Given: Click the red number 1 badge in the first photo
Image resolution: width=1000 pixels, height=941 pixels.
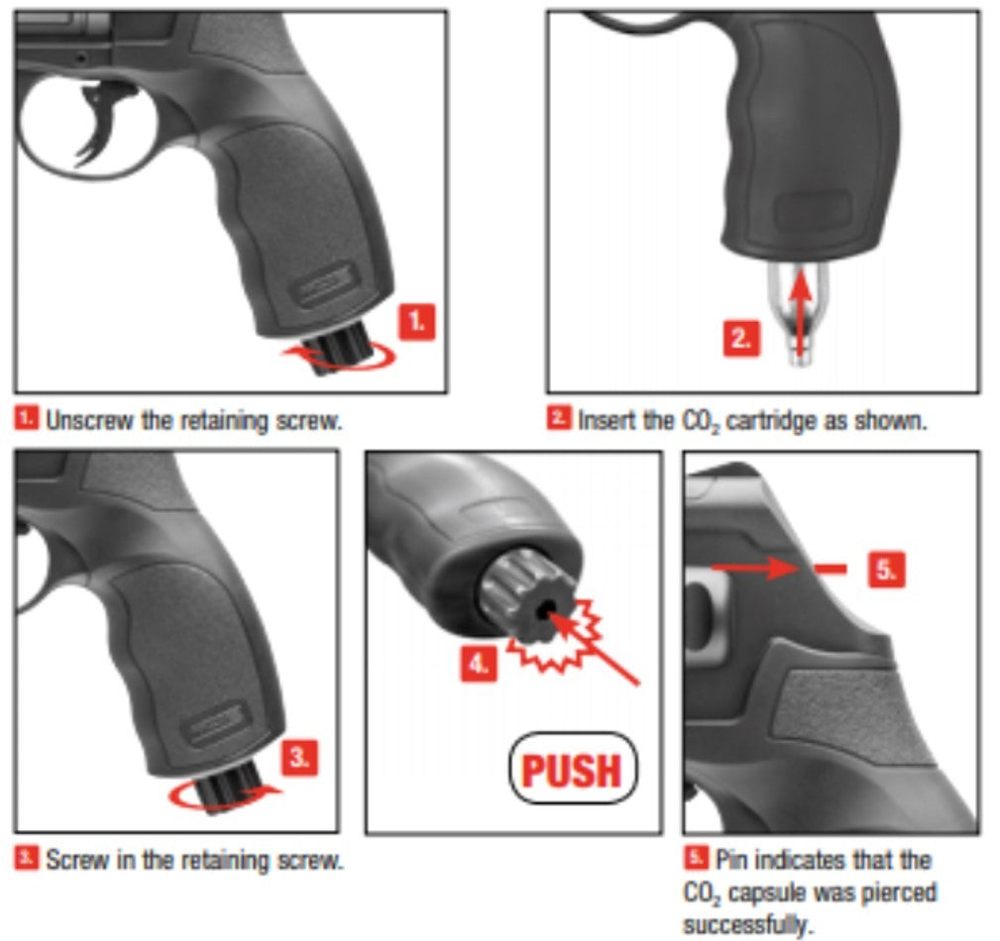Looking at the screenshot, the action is pyautogui.click(x=416, y=322).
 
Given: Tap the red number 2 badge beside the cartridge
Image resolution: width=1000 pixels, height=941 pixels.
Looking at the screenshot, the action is pyautogui.click(x=741, y=339).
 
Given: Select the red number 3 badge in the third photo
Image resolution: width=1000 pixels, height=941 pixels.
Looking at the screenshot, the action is pyautogui.click(x=299, y=758).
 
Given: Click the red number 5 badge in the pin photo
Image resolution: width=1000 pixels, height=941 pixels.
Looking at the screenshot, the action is pyautogui.click(x=886, y=570).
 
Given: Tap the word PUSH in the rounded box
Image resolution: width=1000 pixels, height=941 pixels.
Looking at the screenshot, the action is pyautogui.click(x=572, y=771).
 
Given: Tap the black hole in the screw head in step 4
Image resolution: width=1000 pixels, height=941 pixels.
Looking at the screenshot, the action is pyautogui.click(x=543, y=611).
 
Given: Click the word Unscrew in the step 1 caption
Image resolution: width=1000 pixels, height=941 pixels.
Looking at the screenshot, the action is pyautogui.click(x=90, y=421).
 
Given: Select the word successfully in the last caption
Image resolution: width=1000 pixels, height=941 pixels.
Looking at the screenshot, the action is pyautogui.click(x=748, y=924).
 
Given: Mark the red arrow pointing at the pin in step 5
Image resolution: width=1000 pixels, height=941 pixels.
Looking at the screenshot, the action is pyautogui.click(x=753, y=567).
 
